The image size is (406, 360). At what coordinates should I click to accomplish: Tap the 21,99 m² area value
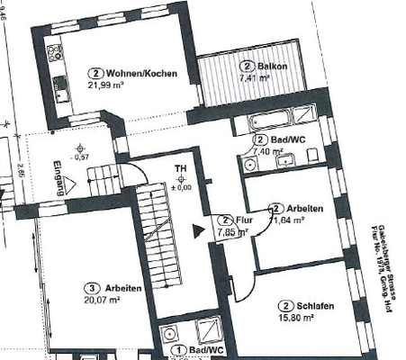click(105, 85)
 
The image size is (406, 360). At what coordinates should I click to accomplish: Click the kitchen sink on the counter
click(62, 87)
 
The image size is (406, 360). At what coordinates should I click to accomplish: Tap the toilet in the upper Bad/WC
click(249, 163)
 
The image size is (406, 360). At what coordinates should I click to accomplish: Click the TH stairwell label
click(180, 168)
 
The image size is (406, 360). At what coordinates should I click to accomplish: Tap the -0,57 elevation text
click(82, 156)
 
